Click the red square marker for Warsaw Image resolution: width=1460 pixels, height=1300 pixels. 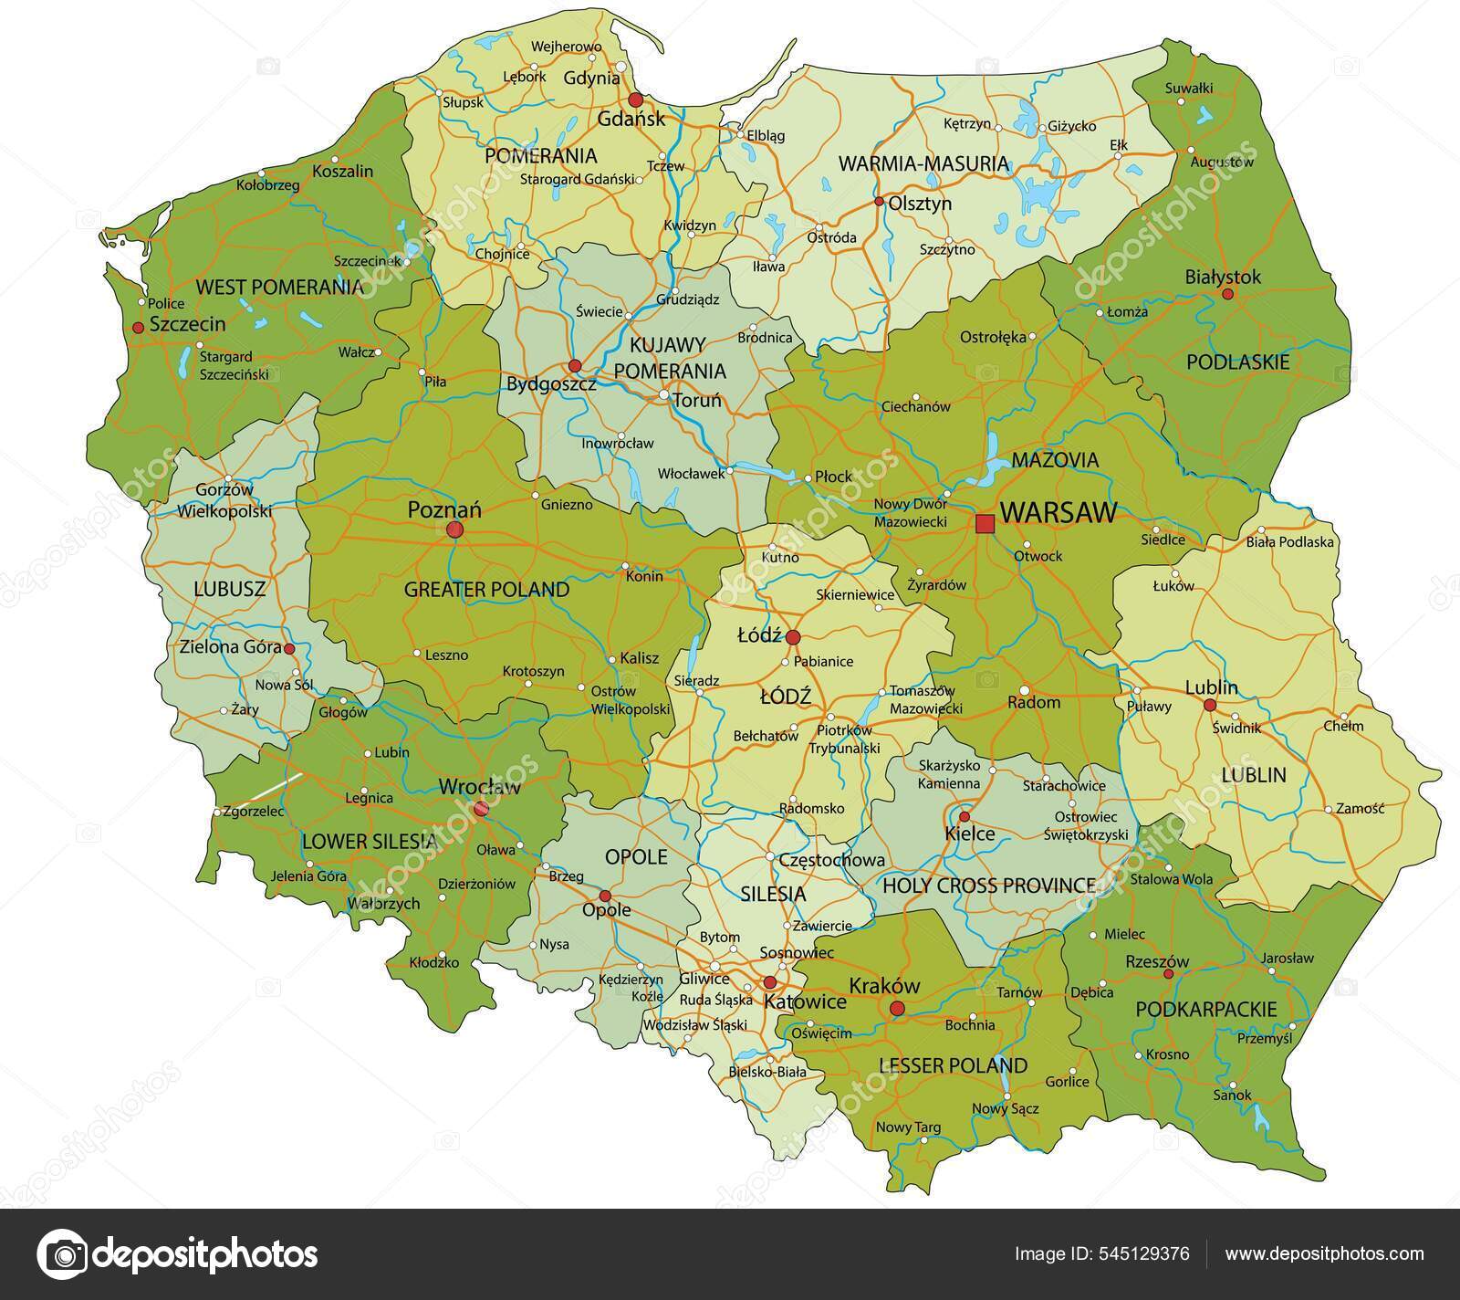point(985,523)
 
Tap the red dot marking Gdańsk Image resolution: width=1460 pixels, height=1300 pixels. point(635,100)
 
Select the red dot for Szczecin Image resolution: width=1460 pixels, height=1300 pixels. point(138,327)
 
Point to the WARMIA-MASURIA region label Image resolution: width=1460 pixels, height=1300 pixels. point(923,164)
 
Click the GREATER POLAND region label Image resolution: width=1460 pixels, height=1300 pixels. point(486,590)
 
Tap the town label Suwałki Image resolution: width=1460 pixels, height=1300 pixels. point(1189,89)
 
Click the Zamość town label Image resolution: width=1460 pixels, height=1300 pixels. point(1360,808)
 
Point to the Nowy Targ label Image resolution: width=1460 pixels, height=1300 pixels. point(908,1127)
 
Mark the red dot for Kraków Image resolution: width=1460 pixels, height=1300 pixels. point(898,1009)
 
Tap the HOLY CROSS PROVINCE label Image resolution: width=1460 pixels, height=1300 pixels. point(989,885)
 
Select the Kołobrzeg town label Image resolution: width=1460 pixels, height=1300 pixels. point(268,185)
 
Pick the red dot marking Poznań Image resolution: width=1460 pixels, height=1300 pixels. point(454,529)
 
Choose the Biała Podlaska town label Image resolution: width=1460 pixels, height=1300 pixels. point(1289,541)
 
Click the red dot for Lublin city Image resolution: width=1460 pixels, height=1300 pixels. point(1210,705)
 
